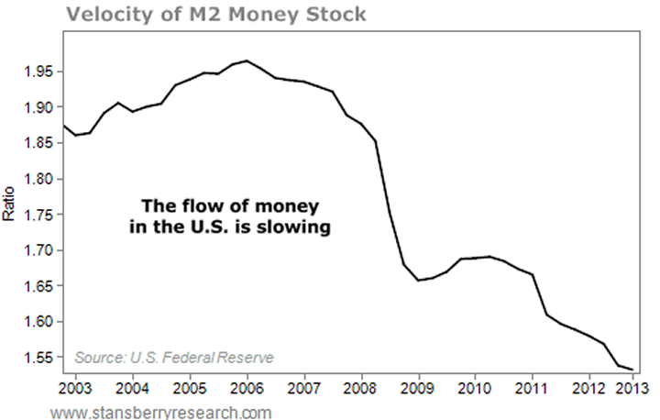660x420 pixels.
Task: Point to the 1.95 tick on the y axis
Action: point(38,72)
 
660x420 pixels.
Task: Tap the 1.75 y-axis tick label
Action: point(38,215)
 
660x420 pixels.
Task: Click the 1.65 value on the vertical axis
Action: point(38,286)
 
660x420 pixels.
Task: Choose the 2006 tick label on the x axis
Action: point(247,383)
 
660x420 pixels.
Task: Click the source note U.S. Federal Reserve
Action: point(174,357)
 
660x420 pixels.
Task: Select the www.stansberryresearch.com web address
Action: point(160,412)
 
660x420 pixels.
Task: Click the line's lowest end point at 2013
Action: point(632,369)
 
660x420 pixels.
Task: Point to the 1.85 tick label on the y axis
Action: point(38,143)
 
